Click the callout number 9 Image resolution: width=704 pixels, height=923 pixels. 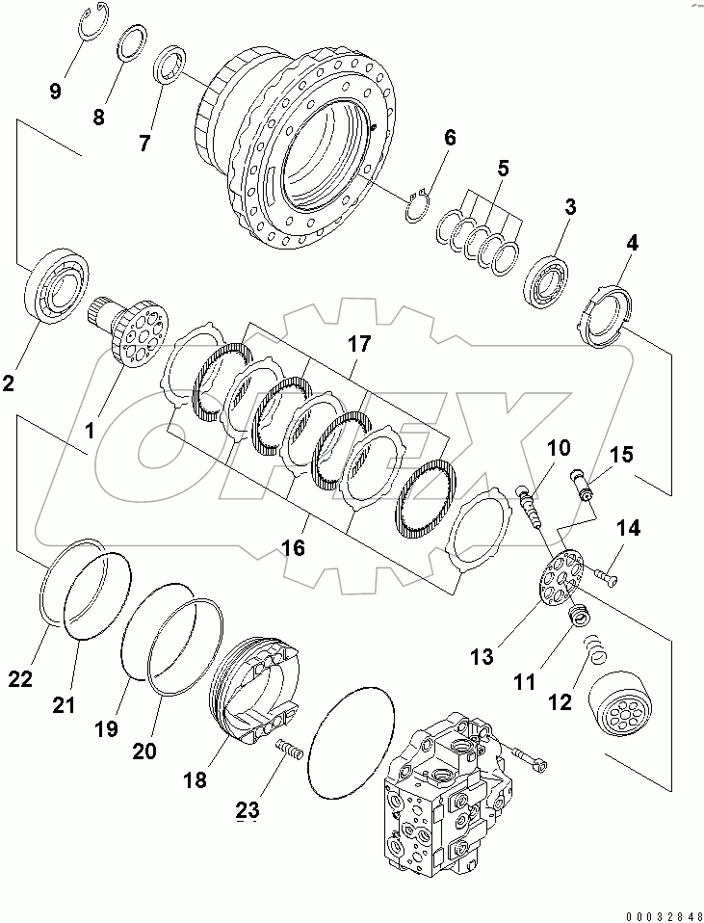[55, 92]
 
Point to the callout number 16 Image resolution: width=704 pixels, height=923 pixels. [292, 548]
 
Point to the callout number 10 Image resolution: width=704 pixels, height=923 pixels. [559, 448]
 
